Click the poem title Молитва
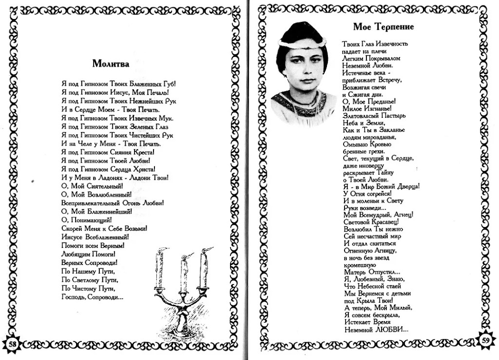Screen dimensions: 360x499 click(x=111, y=63)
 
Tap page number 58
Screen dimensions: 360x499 click(x=13, y=344)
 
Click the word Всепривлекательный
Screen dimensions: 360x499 click(x=91, y=203)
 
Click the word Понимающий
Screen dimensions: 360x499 click(x=93, y=220)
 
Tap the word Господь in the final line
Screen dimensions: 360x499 click(x=73, y=297)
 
